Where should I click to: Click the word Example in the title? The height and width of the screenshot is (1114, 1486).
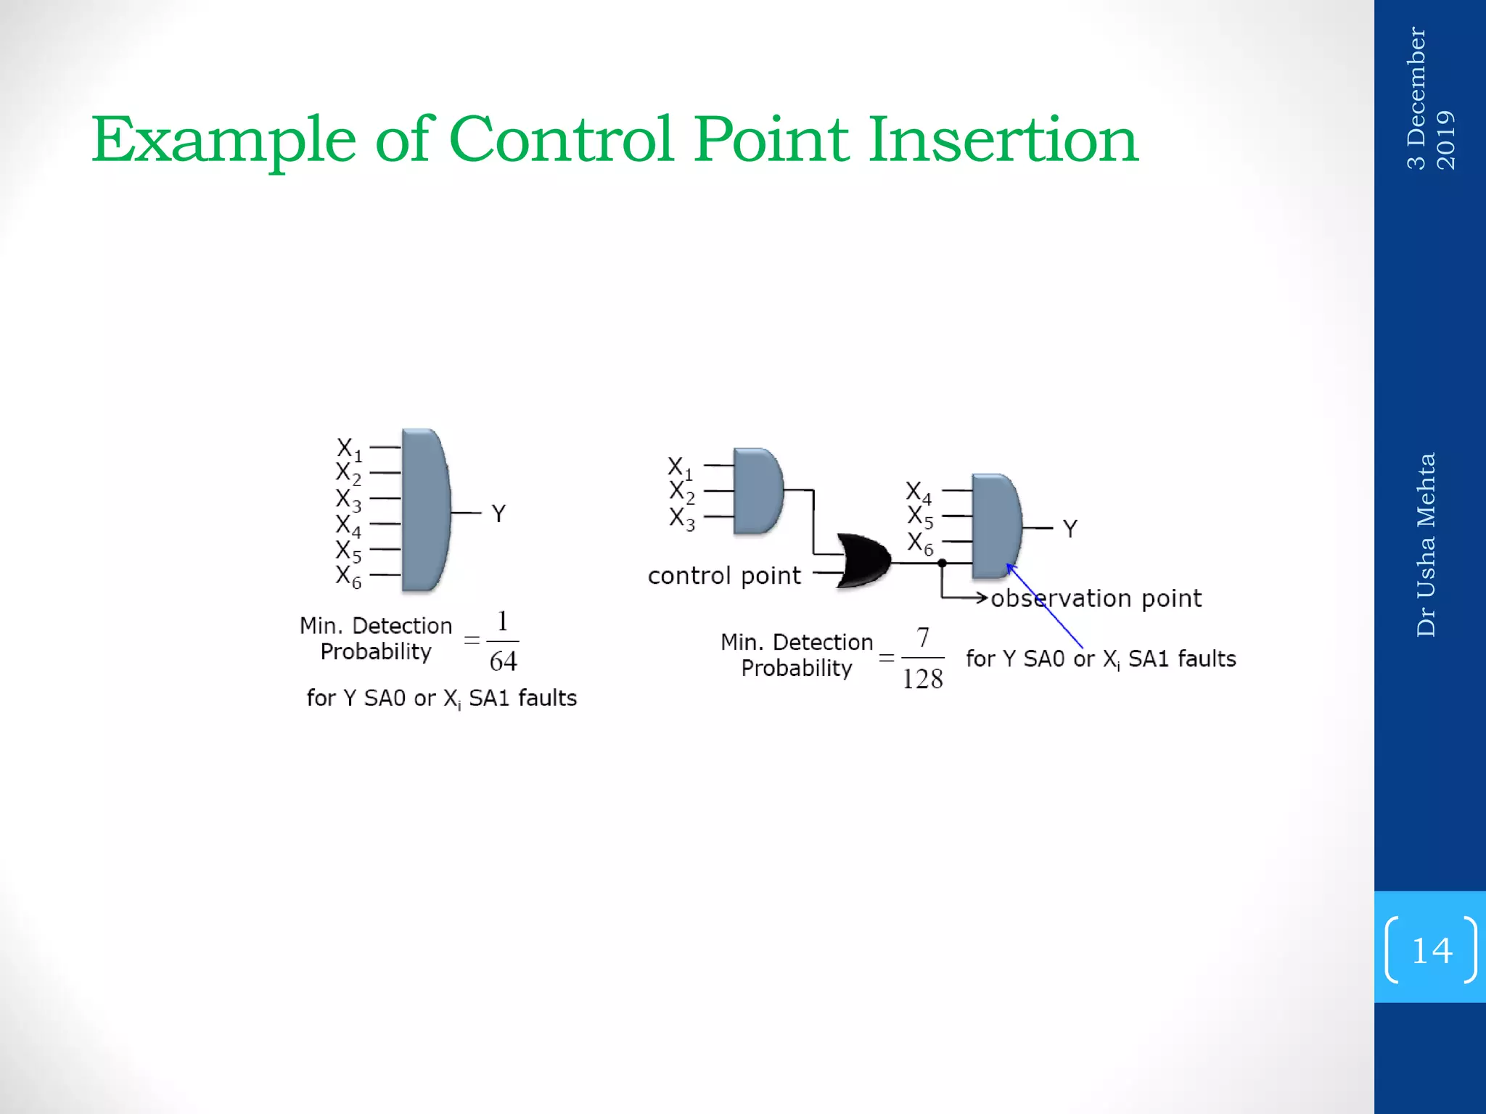pos(223,141)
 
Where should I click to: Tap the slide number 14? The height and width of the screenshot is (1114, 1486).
pos(1431,950)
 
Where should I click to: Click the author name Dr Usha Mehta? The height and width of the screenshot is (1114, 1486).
pos(1427,544)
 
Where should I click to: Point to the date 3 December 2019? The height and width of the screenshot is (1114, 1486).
pos(1429,98)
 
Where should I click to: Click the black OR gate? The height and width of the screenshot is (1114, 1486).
pos(863,560)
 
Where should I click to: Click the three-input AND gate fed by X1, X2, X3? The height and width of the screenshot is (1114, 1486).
pos(758,491)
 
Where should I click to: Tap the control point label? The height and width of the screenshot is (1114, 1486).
pos(724,576)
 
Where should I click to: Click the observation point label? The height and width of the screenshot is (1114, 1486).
pos(1096,598)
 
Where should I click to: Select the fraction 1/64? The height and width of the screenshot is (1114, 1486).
pos(502,642)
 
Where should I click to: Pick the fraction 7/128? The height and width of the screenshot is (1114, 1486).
pos(922,659)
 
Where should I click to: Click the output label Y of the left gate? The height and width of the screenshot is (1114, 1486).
pos(498,513)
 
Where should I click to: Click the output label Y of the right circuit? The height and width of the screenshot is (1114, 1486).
pos(1070,529)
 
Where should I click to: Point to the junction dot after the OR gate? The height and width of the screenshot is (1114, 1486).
pos(942,563)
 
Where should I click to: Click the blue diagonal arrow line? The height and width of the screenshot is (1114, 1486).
pos(1045,606)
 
